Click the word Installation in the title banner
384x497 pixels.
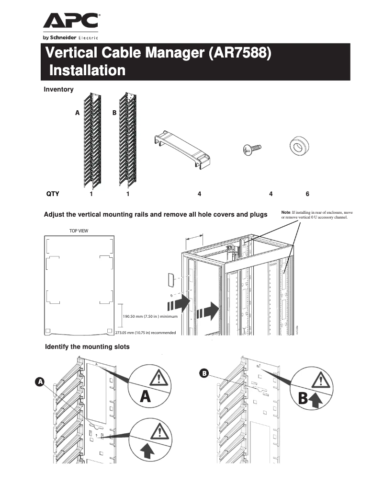88,70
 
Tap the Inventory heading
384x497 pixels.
58,89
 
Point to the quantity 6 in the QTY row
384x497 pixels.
307,194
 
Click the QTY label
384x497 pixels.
52,194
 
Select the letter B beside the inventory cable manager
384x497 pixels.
114,113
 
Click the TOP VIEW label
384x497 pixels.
79,231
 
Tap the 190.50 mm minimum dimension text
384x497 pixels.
150,317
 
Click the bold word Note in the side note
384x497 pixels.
285,212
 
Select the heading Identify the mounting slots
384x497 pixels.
87,347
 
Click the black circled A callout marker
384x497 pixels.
40,381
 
